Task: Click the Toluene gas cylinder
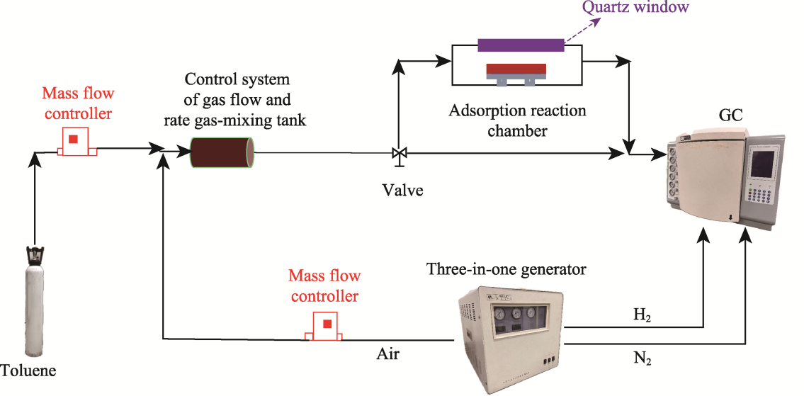coord(35,312)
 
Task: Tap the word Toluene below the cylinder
coord(28,370)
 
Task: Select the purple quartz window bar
coord(521,45)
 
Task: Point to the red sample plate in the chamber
coord(516,69)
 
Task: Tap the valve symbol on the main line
coord(399,153)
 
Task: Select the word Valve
coord(402,190)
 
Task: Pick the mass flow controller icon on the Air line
coord(326,326)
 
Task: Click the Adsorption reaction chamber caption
coord(517,120)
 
